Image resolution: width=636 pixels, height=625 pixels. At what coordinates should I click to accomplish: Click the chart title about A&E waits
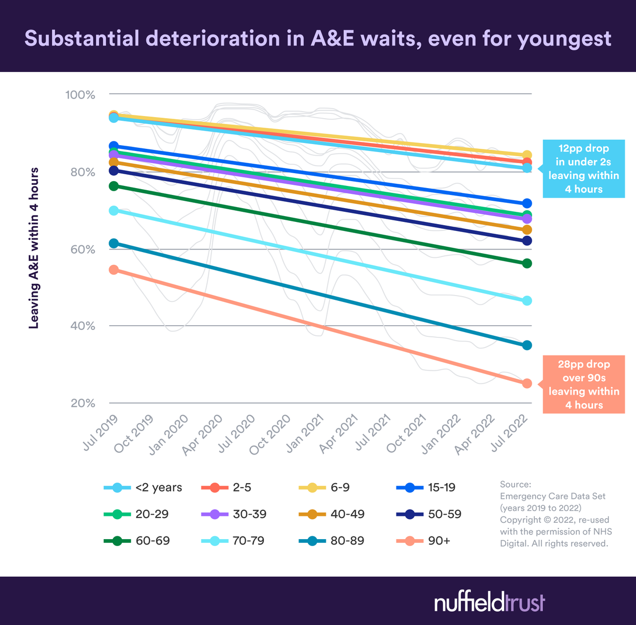point(318,39)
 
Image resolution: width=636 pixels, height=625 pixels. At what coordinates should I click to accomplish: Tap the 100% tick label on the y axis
point(80,95)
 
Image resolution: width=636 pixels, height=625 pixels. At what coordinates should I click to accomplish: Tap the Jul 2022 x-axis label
point(510,432)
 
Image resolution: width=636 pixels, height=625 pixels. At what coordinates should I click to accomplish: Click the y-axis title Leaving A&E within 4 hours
point(34,248)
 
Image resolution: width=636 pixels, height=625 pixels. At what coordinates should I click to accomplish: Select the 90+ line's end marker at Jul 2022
point(527,383)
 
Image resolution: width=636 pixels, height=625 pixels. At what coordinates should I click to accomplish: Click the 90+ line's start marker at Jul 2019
point(113,270)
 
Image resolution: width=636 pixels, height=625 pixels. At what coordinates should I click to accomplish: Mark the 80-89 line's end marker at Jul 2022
point(527,345)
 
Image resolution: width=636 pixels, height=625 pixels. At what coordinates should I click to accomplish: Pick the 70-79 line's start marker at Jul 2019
point(113,210)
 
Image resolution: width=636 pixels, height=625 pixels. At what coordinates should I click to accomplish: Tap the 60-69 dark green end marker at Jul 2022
point(527,263)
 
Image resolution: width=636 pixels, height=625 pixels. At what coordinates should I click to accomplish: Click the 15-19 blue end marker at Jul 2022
point(527,203)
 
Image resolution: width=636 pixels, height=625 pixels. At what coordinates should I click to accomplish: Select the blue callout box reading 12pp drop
point(583,169)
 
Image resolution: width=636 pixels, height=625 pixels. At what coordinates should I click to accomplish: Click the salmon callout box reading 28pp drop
point(583,385)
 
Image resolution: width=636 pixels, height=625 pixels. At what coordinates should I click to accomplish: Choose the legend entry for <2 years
point(143,488)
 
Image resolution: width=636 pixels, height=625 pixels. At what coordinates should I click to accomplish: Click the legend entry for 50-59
point(429,514)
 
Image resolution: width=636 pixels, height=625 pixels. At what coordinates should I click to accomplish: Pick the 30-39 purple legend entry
point(234,514)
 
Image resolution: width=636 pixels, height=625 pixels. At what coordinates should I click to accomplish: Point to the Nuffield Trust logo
point(489,603)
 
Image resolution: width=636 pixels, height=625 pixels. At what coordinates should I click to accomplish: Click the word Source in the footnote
point(515,484)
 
